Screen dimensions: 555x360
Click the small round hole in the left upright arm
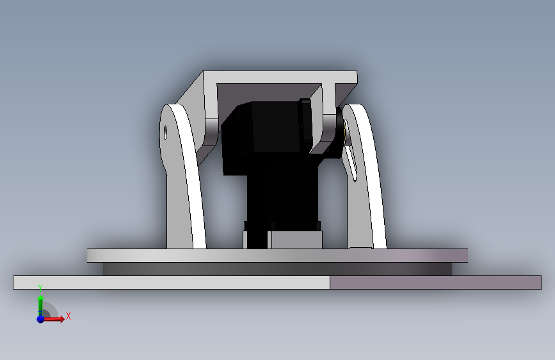click(165, 133)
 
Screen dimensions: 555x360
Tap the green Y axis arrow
click(40, 306)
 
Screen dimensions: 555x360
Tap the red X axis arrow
click(54, 319)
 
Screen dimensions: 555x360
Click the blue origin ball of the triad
click(40, 319)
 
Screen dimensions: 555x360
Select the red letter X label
click(68, 316)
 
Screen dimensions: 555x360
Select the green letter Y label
click(40, 288)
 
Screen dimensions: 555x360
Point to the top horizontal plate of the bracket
click(280, 78)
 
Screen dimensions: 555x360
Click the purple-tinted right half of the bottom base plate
click(436, 282)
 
